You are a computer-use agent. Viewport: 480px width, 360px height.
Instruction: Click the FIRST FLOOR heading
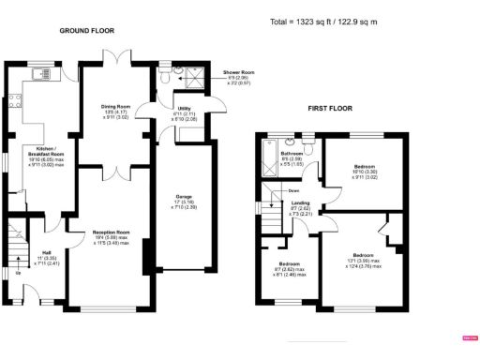click(330, 110)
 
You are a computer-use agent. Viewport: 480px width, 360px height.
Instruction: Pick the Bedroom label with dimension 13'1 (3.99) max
click(363, 254)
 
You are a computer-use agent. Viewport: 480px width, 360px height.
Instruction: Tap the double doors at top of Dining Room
click(114, 59)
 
